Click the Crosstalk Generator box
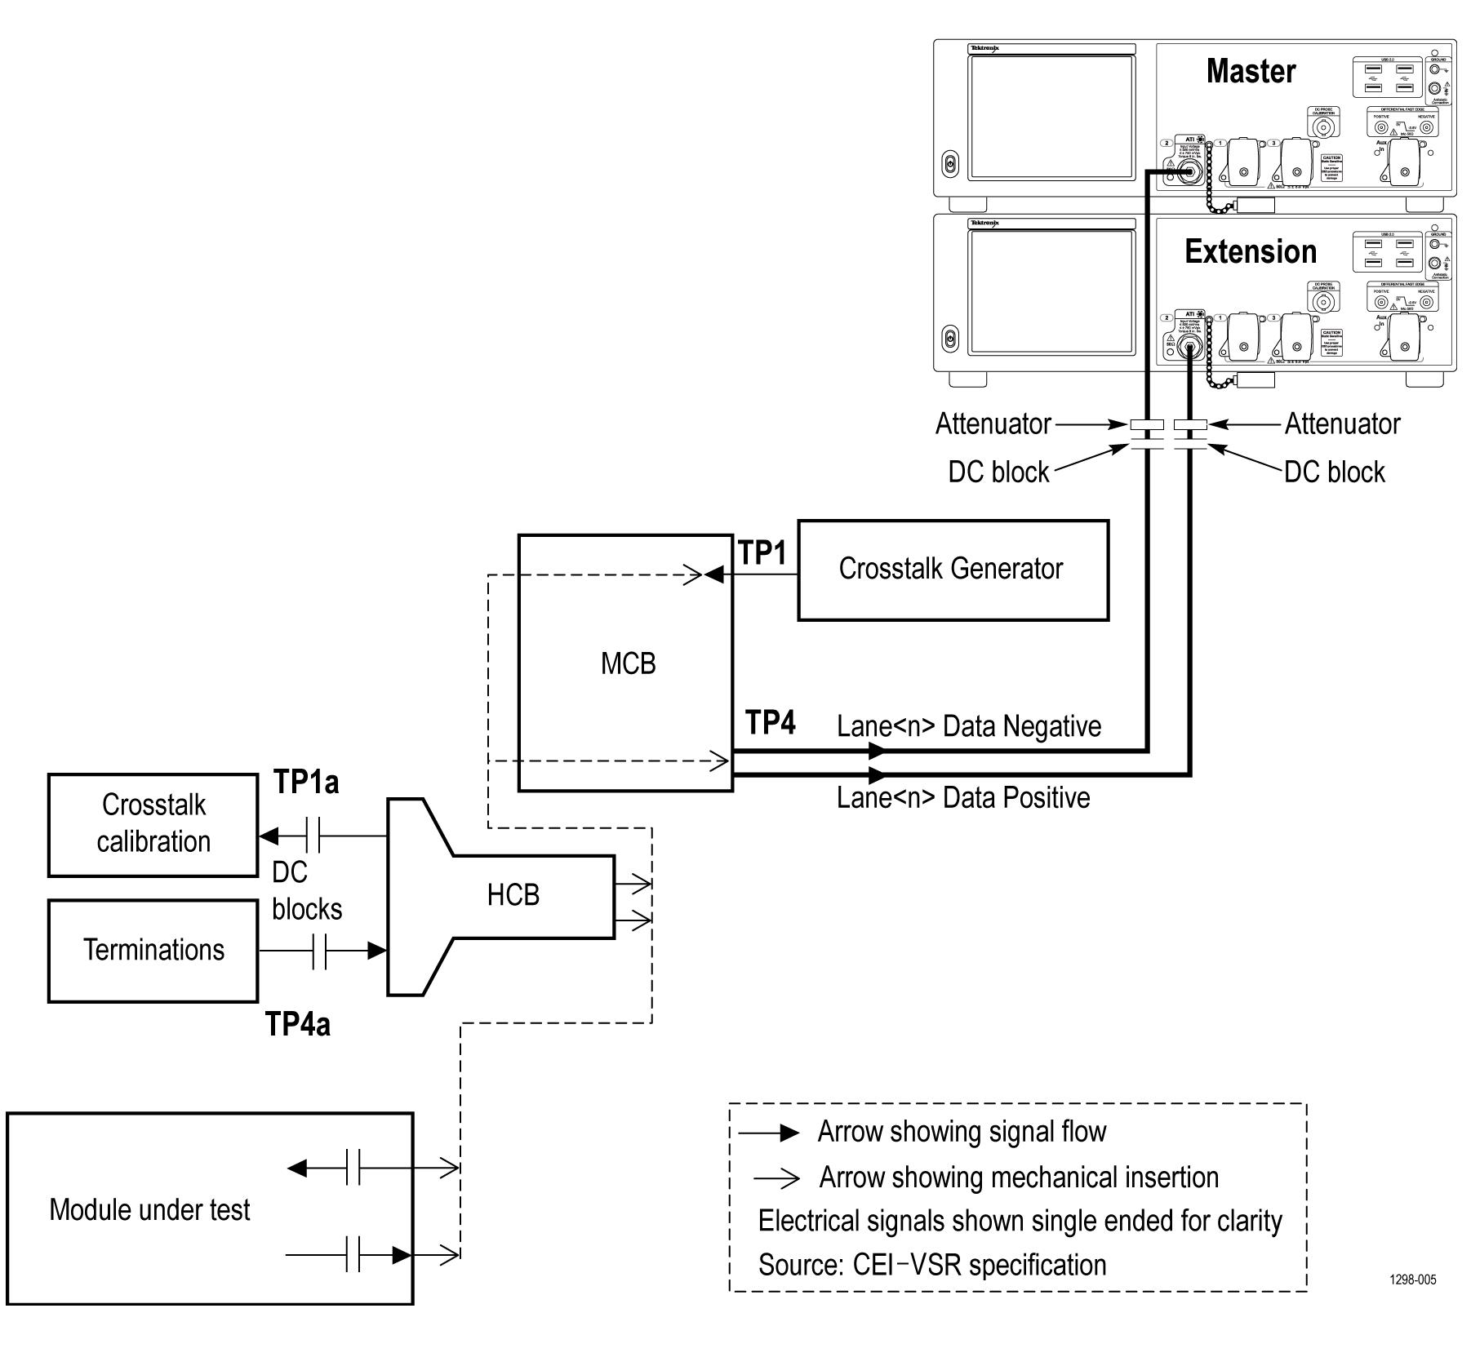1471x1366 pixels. (x=952, y=570)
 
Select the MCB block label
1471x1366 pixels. (x=628, y=663)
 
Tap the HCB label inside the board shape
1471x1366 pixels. (x=513, y=895)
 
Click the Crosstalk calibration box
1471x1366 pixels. (x=153, y=824)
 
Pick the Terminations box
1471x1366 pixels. (x=153, y=950)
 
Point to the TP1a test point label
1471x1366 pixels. (x=306, y=782)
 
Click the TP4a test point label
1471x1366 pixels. (x=298, y=1024)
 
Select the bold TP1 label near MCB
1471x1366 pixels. (x=762, y=553)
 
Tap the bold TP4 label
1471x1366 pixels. (x=770, y=723)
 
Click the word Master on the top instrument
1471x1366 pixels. (x=1251, y=72)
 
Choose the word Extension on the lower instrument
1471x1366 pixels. (x=1251, y=252)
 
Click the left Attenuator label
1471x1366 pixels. (x=993, y=424)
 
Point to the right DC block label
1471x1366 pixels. (x=1334, y=472)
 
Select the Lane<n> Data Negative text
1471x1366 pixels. (x=969, y=726)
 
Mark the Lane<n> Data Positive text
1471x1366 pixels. (x=963, y=797)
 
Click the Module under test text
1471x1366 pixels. (x=149, y=1209)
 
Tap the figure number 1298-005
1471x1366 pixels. (x=1412, y=1280)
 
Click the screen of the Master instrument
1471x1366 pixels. (x=1051, y=117)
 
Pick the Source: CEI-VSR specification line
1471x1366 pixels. (x=932, y=1265)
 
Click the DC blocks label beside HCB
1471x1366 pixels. (x=306, y=891)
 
